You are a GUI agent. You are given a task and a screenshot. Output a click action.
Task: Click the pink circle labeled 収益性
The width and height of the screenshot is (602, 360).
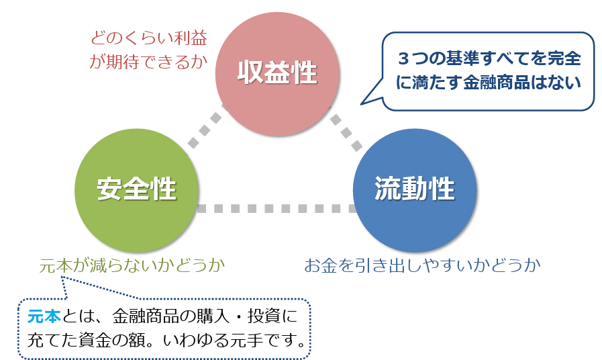pos(277,74)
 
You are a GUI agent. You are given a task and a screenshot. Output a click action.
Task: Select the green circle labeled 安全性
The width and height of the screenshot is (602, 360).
pos(136,191)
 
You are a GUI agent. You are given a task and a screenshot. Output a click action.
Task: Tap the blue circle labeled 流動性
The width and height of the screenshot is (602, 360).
pos(415,191)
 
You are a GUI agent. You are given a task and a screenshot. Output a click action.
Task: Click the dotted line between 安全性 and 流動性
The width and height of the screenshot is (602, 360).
pos(276,209)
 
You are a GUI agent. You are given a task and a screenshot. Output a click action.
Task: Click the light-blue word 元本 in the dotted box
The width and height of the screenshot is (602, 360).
pos(44,316)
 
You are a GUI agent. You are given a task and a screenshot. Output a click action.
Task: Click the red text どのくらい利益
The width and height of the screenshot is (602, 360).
pos(148,38)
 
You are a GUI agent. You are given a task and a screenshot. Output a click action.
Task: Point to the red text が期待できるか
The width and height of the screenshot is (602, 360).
pos(148,62)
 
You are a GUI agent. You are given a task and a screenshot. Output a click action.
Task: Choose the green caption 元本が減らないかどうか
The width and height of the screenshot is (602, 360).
pos(132,265)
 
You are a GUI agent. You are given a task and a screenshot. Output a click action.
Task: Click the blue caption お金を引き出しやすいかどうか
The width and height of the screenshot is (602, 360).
pos(422,265)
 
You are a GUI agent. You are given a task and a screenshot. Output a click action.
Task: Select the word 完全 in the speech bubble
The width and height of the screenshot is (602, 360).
pos(564,59)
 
